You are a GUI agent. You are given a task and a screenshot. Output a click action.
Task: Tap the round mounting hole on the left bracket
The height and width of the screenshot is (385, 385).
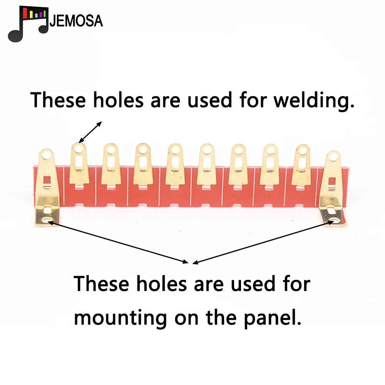[x=49, y=220]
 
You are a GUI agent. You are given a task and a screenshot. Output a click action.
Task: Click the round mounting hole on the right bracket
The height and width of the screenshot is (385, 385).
[x=332, y=221]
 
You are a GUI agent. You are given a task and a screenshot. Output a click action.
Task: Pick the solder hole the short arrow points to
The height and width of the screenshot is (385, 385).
[x=79, y=148]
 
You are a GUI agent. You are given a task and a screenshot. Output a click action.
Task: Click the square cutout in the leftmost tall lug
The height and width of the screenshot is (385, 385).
[x=48, y=180]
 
